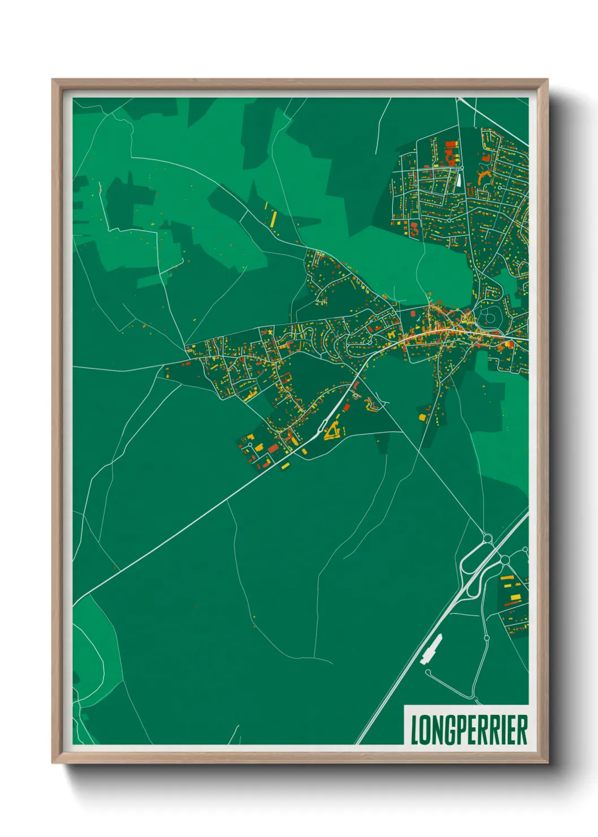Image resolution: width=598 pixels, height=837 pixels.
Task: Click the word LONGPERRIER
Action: [469, 730]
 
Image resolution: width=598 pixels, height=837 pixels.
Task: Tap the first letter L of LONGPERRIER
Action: [414, 730]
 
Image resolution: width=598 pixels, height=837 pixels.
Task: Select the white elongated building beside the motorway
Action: [431, 649]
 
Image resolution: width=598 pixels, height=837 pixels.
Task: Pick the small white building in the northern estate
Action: [458, 179]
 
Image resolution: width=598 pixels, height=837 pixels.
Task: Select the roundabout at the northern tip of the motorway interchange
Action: [488, 538]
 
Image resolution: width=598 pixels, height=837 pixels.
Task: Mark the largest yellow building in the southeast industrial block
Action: [514, 597]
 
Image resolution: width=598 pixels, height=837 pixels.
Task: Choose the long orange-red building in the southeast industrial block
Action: [512, 604]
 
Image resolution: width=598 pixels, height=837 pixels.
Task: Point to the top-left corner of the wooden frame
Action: [53, 80]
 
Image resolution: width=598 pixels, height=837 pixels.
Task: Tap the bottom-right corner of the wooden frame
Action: [547, 763]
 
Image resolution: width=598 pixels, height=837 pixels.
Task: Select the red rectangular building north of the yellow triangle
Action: [346, 407]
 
